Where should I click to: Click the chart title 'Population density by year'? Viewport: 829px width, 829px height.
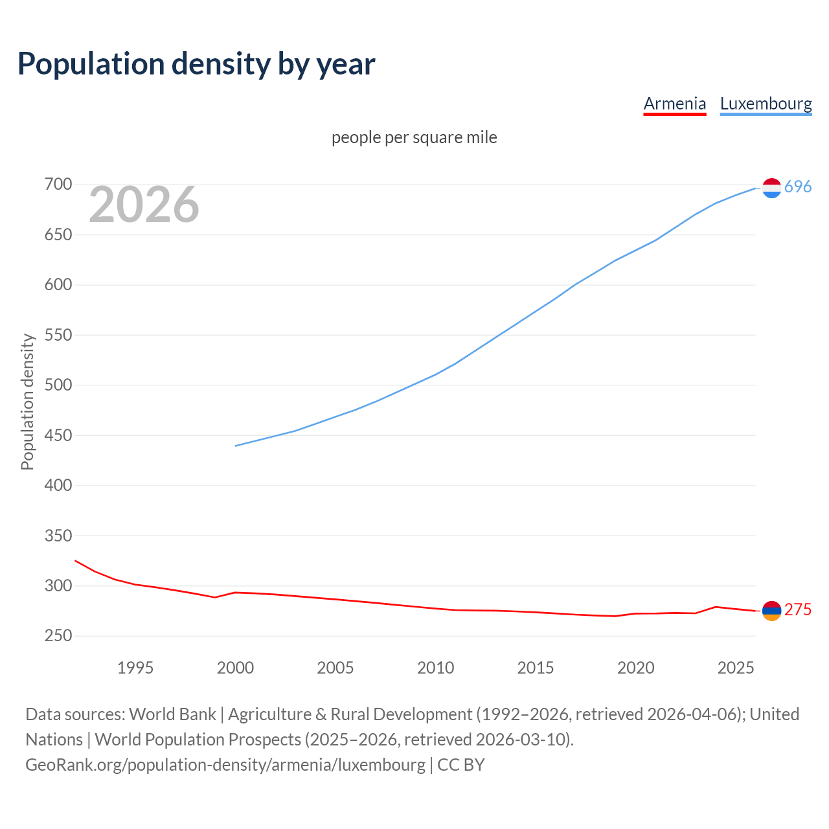196,63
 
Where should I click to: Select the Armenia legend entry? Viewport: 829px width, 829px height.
674,104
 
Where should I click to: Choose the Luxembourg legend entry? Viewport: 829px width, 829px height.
766,104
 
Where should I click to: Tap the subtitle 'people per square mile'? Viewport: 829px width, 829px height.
414,137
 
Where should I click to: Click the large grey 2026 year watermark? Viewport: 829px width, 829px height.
144,205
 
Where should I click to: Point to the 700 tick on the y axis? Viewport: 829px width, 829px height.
58,185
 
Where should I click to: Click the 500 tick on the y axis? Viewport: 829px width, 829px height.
58,385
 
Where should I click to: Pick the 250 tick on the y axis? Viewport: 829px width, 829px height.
58,636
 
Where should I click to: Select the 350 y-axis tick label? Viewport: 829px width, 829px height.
58,536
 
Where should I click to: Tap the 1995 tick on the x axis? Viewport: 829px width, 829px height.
135,668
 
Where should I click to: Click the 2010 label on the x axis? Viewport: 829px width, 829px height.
435,668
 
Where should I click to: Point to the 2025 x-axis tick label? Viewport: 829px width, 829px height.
736,668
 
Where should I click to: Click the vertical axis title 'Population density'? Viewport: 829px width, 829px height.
27,402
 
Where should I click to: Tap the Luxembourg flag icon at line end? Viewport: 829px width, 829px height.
771,188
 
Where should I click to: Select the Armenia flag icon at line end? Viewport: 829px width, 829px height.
771,611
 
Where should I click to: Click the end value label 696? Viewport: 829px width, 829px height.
798,187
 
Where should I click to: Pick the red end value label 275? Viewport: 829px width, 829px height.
798,610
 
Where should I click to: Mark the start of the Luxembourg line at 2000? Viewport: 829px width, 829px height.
236,446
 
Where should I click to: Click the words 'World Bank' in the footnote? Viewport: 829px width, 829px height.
172,714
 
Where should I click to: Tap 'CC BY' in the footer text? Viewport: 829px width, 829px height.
460,765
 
